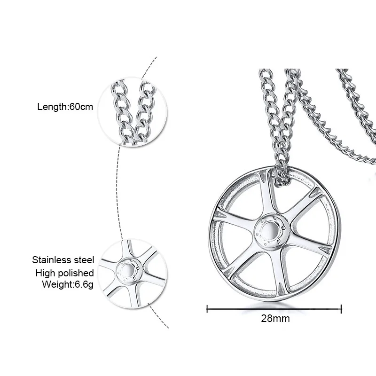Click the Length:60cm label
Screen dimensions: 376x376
click(x=65, y=107)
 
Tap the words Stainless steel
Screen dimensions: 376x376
click(x=63, y=260)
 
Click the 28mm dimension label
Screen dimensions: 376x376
click(x=275, y=318)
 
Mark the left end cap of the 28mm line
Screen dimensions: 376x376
click(x=208, y=309)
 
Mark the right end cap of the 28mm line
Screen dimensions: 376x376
click(x=342, y=309)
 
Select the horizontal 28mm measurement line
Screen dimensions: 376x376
click(x=275, y=309)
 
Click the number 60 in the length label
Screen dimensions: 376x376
click(x=74, y=107)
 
